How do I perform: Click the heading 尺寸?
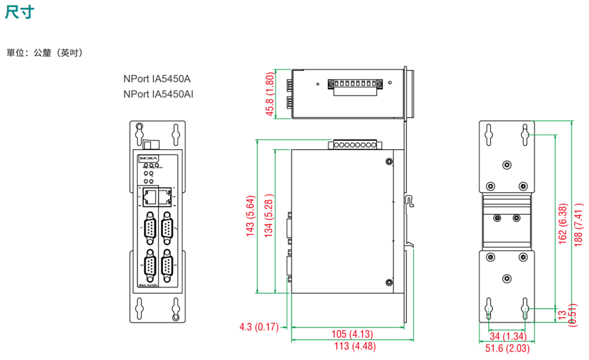[20, 12]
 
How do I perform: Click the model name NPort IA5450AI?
[158, 94]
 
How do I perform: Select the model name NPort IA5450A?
[157, 79]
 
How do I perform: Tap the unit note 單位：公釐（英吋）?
[45, 53]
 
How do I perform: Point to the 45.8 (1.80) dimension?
[269, 94]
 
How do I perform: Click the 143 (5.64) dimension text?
[250, 216]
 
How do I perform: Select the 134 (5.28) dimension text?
[268, 216]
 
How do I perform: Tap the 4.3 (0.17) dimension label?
[259, 327]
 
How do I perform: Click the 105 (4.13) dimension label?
[352, 334]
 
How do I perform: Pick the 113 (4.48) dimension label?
[355, 346]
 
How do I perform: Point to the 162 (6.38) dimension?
[562, 224]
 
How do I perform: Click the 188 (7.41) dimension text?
[578, 225]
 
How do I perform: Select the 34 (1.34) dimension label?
[508, 336]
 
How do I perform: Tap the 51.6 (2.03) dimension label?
[507, 348]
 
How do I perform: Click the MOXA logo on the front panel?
[149, 158]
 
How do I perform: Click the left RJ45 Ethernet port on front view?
[150, 196]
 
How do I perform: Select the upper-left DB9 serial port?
[150, 228]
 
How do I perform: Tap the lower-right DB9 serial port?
[167, 266]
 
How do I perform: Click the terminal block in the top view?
[355, 86]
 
